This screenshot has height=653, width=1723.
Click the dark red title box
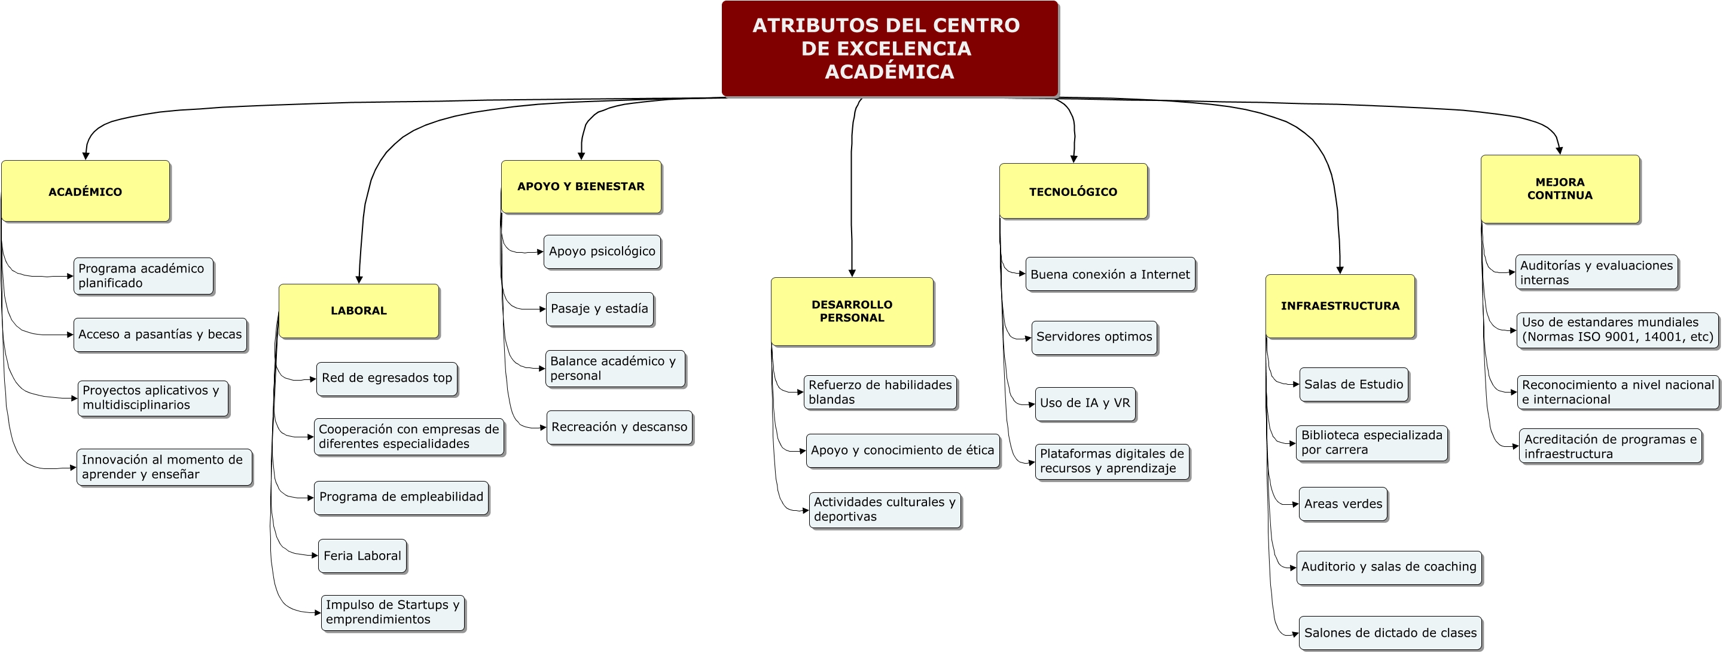(x=889, y=49)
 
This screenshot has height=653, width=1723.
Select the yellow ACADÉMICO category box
(x=86, y=191)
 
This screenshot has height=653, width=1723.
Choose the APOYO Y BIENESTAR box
(x=581, y=186)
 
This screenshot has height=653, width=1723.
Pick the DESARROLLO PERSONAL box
(x=852, y=311)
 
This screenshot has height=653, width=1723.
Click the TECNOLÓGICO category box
(x=1073, y=191)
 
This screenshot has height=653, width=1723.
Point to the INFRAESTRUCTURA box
(x=1340, y=306)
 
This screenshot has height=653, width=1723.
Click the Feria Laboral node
(x=362, y=556)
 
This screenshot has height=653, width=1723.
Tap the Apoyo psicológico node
(x=602, y=252)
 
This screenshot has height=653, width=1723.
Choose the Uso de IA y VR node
(x=1085, y=404)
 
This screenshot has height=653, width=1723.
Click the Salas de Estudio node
(x=1353, y=385)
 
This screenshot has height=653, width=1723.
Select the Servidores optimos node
(x=1094, y=338)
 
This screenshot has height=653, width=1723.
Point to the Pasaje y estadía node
(x=599, y=309)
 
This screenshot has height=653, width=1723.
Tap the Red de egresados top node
(x=386, y=379)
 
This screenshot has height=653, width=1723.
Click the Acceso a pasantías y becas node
(x=160, y=335)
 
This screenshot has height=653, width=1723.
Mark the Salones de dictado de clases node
(x=1390, y=633)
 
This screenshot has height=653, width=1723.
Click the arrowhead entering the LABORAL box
(x=359, y=280)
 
